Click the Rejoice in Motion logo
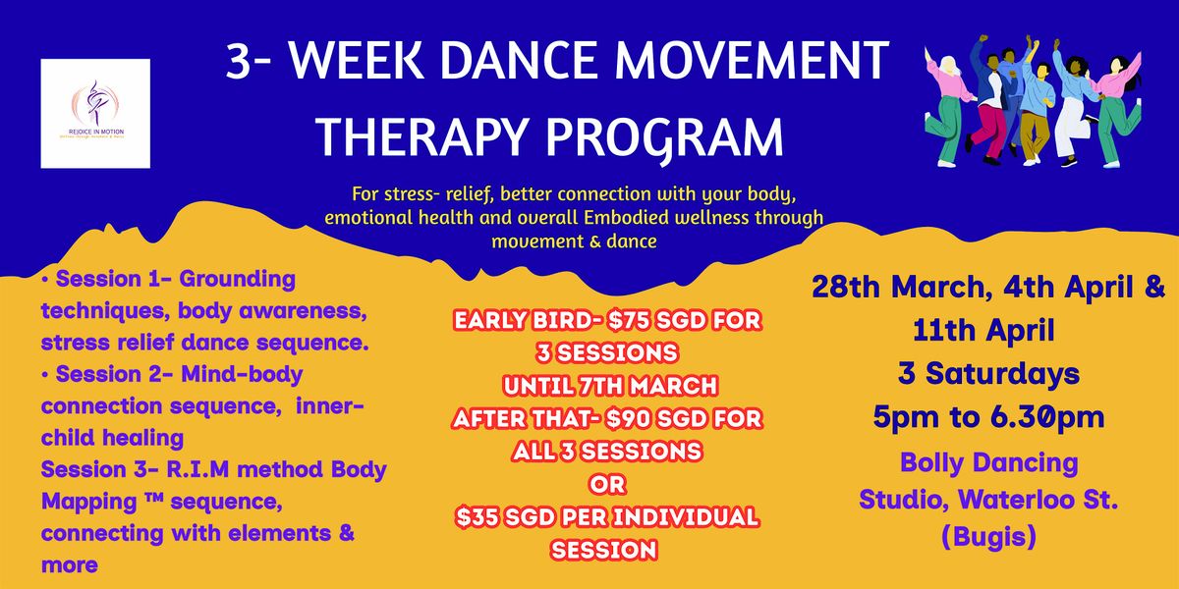click(x=95, y=113)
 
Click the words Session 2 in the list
click(x=109, y=374)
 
